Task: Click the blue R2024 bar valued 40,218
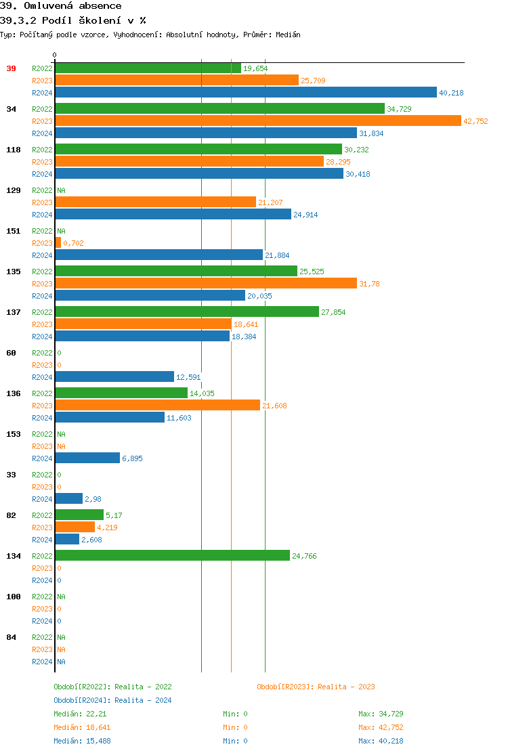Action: click(x=245, y=93)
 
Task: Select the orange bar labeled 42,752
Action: click(x=257, y=121)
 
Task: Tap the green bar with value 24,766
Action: click(x=172, y=556)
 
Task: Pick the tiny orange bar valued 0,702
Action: click(x=58, y=243)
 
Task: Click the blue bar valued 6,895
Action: click(x=87, y=458)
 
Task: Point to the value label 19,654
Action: click(x=255, y=68)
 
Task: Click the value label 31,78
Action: click(x=369, y=284)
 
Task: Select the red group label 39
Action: click(x=12, y=68)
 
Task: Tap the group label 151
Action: click(x=14, y=231)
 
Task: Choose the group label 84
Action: click(x=12, y=637)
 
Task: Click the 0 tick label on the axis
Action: click(x=55, y=55)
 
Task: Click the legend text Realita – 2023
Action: click(x=346, y=687)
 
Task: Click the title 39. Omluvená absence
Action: click(x=61, y=6)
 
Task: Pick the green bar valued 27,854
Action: click(x=186, y=312)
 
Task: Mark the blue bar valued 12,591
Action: click(x=114, y=377)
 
